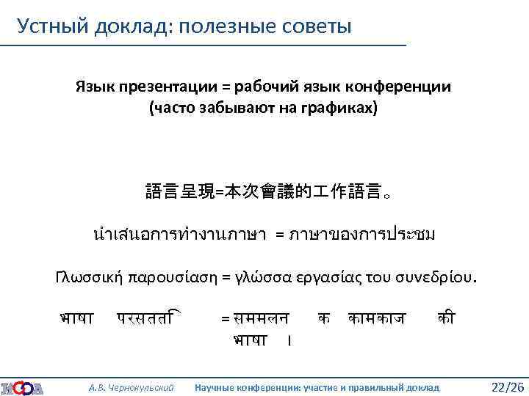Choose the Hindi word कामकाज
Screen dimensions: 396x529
[x=378, y=319]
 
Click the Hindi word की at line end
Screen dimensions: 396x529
[x=445, y=318]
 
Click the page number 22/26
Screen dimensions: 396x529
[x=507, y=386]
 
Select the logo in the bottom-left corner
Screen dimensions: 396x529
[x=21, y=386]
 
